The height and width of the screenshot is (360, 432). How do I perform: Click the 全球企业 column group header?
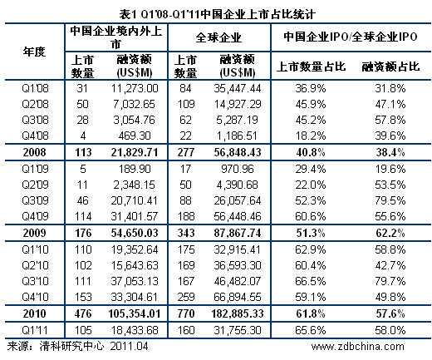[x=218, y=37]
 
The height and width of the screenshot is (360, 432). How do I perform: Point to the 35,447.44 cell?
[x=238, y=87]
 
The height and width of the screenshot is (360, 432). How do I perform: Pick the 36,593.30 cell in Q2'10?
[x=238, y=263]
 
